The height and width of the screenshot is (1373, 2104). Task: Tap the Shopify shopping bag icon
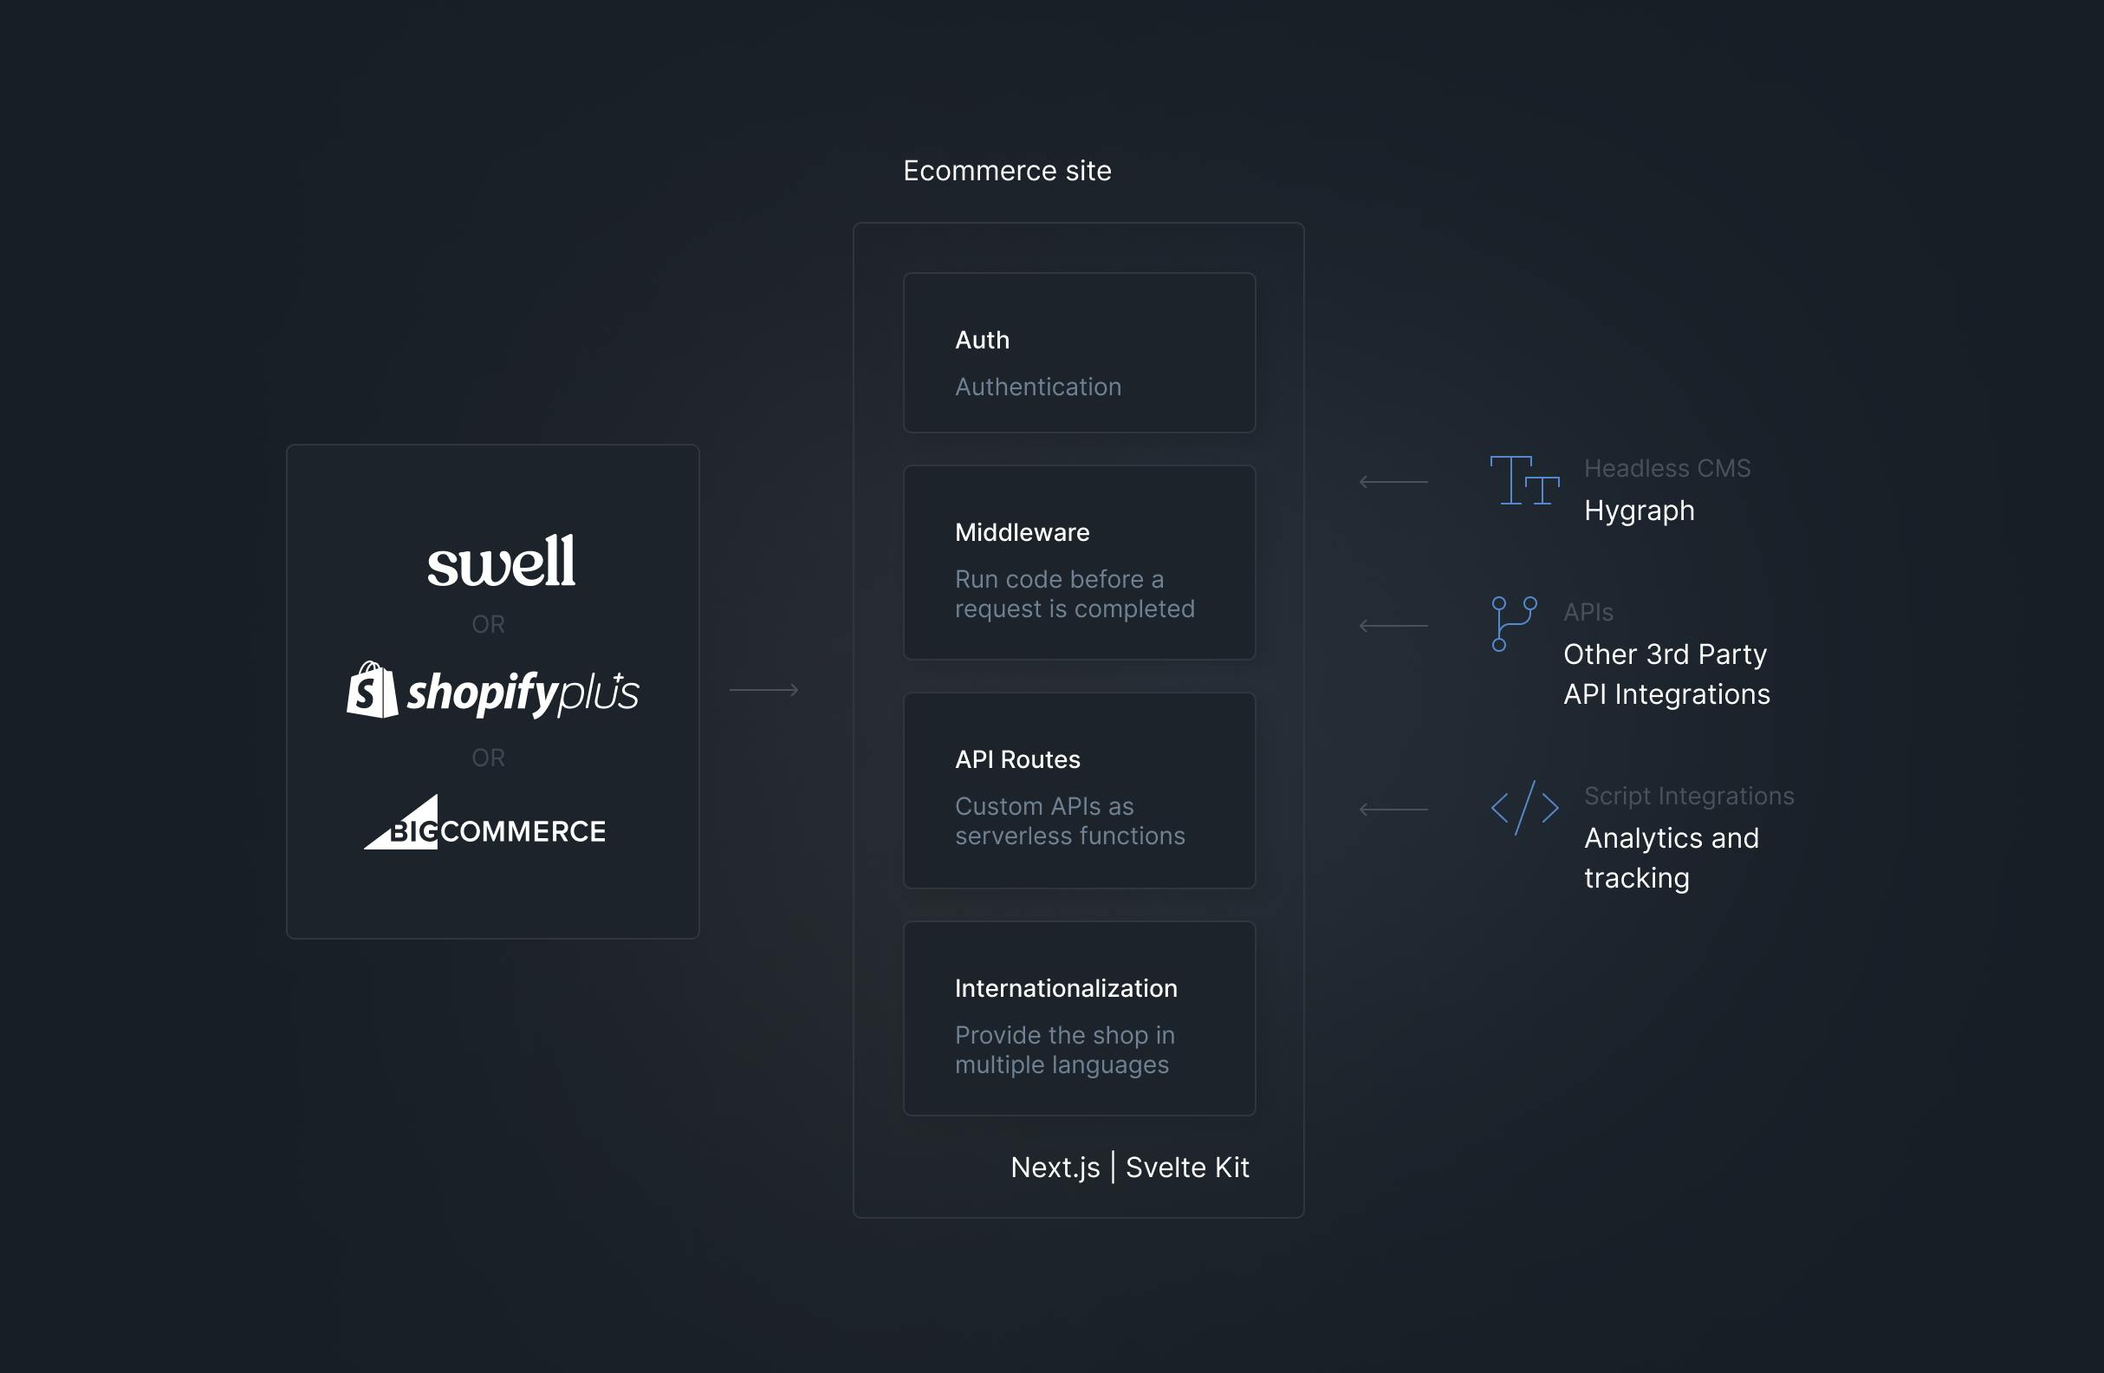click(x=372, y=690)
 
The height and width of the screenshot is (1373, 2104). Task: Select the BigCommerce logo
click(x=484, y=823)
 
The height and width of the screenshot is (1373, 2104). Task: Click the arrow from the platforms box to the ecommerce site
click(x=763, y=690)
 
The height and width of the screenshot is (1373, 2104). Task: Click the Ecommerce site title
click(x=1007, y=171)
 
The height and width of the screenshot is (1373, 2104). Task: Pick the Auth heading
click(x=982, y=340)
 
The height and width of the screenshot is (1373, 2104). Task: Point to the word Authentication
click(x=1038, y=387)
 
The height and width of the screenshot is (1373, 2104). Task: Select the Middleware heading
click(x=1022, y=532)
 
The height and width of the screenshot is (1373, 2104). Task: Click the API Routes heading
click(x=1017, y=759)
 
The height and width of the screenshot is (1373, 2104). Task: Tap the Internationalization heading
click(x=1066, y=988)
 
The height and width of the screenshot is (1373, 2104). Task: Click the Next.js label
click(x=1055, y=1167)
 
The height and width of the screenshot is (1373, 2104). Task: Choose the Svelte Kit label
click(x=1187, y=1167)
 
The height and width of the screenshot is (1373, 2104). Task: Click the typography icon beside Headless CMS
click(x=1525, y=480)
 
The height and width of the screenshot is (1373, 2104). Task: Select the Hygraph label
click(x=1639, y=511)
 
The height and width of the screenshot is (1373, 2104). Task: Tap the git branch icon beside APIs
click(x=1515, y=623)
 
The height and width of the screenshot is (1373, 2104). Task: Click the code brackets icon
click(x=1525, y=808)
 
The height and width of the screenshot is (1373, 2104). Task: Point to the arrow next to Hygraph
click(x=1393, y=482)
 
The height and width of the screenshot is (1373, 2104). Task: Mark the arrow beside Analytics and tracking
click(x=1393, y=809)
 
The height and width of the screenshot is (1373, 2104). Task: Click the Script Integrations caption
click(x=1690, y=796)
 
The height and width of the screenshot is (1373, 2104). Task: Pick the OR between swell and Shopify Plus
click(x=488, y=624)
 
